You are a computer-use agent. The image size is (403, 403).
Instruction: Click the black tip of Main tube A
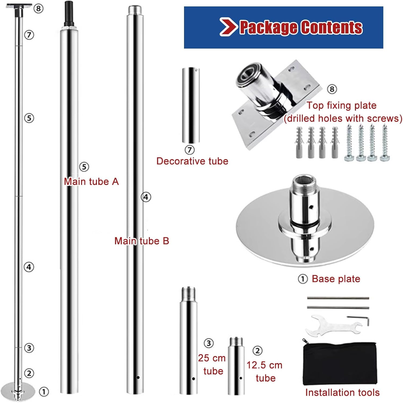[69, 12]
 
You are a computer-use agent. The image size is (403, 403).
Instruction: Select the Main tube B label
[142, 241]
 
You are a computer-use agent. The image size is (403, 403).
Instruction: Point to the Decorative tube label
[192, 161]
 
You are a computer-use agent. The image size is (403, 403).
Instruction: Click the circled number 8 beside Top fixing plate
[332, 89]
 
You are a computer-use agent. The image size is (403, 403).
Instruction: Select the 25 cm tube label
[212, 364]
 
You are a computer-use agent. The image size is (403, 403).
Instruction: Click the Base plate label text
[336, 279]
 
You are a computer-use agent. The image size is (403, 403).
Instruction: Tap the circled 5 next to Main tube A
[84, 167]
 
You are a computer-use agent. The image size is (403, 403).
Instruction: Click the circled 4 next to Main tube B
[146, 197]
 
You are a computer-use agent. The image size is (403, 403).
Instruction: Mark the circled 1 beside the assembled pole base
[44, 391]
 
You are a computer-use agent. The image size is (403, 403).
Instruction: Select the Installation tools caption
[342, 393]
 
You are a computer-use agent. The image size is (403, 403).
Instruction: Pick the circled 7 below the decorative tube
[190, 150]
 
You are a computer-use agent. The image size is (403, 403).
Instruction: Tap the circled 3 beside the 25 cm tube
[209, 343]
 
